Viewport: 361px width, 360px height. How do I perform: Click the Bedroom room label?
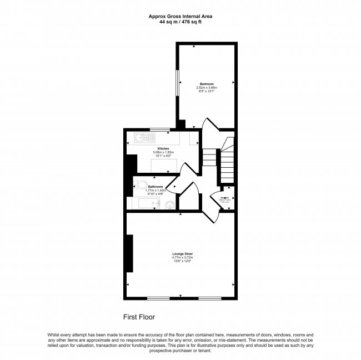point(206,84)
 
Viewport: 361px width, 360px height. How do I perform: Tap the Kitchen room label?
point(163,148)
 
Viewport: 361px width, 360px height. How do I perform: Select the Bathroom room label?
point(156,187)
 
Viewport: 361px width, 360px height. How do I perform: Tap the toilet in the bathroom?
point(142,186)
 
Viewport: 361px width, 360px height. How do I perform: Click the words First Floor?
point(138,317)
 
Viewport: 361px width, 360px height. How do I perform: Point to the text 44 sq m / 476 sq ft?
point(180,22)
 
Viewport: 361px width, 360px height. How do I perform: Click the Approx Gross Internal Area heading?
point(180,17)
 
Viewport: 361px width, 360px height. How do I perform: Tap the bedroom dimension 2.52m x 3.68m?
point(206,87)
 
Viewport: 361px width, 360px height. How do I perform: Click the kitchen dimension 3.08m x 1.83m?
point(163,152)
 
